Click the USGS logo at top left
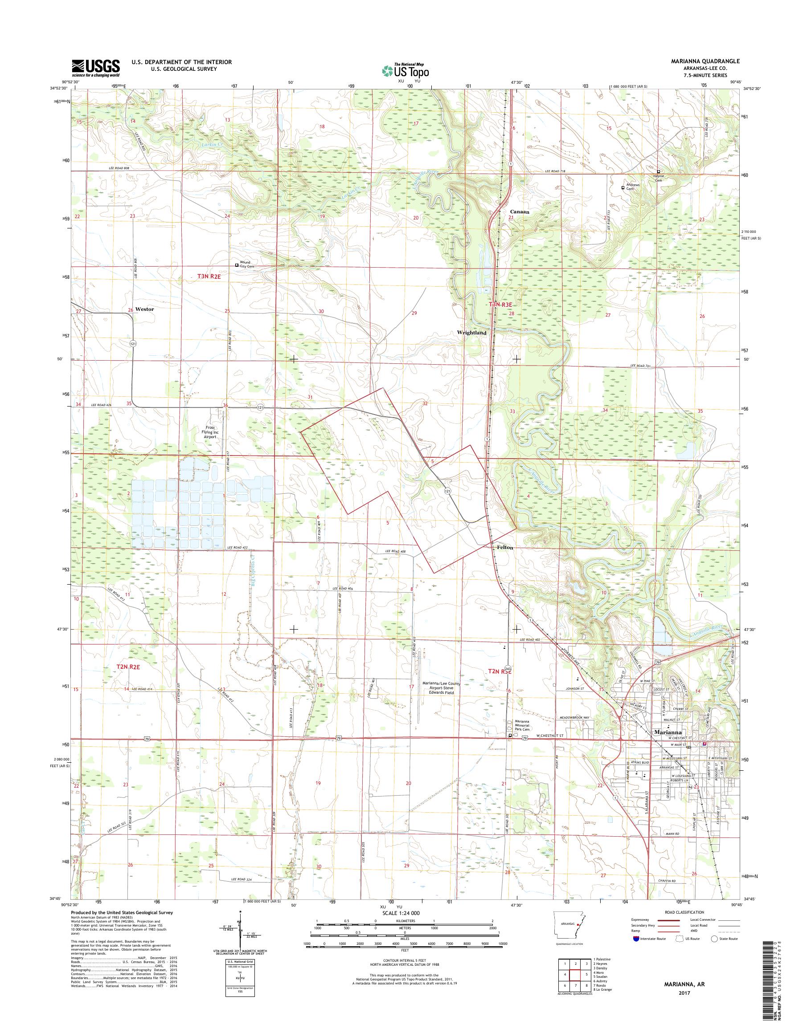coord(95,68)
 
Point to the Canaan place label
coord(520,211)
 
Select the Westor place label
coord(144,309)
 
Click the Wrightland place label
coord(471,333)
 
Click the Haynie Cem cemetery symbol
coord(658,171)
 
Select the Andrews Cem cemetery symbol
coord(623,187)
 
